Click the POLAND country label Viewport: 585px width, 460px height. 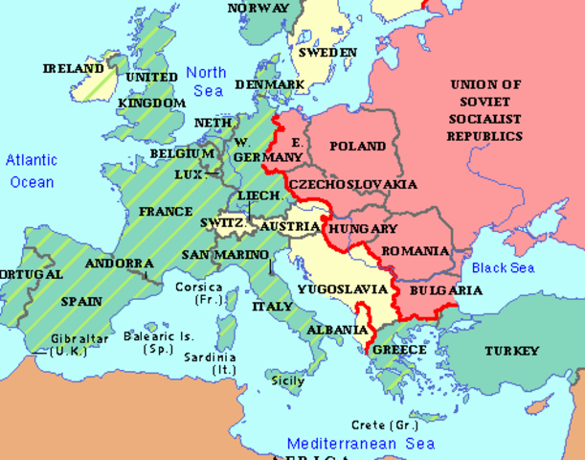[357, 147]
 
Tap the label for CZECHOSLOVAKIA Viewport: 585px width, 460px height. [352, 183]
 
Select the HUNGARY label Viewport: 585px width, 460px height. [362, 229]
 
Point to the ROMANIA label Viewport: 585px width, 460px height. [415, 251]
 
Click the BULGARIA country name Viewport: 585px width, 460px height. [445, 289]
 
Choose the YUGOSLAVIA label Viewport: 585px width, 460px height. [342, 288]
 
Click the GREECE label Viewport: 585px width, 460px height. [399, 350]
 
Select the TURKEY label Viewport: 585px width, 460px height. [511, 351]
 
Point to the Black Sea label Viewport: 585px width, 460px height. [503, 268]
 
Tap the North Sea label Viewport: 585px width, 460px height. [206, 81]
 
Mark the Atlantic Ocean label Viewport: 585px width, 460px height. [32, 171]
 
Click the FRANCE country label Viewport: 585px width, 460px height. [165, 211]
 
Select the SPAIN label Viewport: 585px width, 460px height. [81, 300]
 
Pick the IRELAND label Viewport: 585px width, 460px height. [74, 69]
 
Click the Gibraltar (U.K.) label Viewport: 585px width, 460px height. [81, 345]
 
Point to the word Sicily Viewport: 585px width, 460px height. [288, 380]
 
